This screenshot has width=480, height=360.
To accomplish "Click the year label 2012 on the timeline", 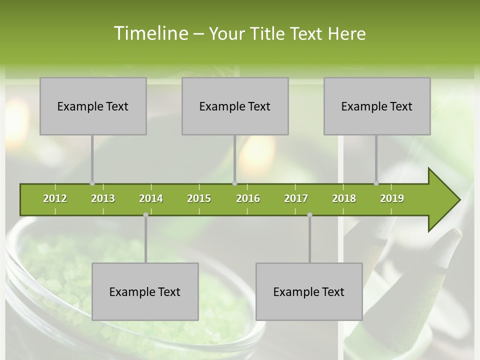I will pos(55,198).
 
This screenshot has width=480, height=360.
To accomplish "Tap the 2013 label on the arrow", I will pos(103,198).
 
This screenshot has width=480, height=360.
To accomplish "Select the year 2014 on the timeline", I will pos(151,198).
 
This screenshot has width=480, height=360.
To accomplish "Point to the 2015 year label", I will pos(199,198).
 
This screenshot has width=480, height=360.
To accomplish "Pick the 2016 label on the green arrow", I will pos(248,198).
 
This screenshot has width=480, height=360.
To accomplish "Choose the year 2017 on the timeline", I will pos(296,198).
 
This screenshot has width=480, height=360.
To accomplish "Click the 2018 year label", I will pos(344,198).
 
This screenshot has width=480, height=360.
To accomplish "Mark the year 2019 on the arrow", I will pos(392,198).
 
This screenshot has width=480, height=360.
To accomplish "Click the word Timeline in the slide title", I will pos(150,33).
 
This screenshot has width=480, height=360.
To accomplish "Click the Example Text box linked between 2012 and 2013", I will pos(93,106).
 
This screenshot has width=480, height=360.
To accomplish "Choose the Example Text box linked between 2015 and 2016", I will pos(235,106).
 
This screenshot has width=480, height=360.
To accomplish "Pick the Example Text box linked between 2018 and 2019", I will pos(377,106).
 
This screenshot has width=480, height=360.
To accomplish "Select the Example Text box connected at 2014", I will pos(145,291).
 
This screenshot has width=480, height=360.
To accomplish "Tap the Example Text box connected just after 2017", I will pos(309,291).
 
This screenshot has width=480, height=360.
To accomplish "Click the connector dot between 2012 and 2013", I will pos(92,183).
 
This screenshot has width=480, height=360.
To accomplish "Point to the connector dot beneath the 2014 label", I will pos(145,215).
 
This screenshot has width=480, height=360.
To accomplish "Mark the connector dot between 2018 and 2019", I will pos(376,183).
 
